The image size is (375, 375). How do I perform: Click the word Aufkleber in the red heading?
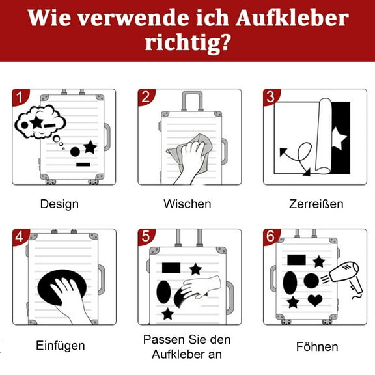coord(292,18)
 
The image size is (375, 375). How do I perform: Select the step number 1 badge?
coord(20,97)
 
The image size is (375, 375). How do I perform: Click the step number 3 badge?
coord(271,97)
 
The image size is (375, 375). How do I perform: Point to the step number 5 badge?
coord(146,237)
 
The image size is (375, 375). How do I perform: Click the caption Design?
coord(59,204)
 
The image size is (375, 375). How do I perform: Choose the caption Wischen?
coord(187,204)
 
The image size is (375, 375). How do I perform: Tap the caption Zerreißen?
coord(316,204)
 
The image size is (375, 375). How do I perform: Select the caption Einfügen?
coord(61,346)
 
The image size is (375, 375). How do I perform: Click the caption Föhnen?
coord(317,347)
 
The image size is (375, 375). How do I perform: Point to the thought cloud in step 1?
coord(40,122)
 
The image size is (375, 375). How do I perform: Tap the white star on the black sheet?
coord(339,139)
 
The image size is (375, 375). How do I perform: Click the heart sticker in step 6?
coord(315,300)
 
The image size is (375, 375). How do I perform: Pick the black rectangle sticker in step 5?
coord(171,268)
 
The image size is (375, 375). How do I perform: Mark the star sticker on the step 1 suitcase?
coord(90,147)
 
